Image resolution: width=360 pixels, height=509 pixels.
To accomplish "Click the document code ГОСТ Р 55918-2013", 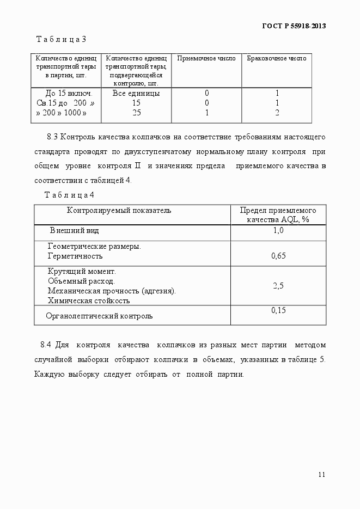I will pos(295,26).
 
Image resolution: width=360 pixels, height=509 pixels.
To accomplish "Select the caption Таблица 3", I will pos(62,39).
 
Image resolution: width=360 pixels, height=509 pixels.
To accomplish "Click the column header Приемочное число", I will pos(206,58).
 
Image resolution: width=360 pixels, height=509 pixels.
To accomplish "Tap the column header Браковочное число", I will pos(277,58).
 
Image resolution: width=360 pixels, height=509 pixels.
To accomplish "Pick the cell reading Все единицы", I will pos(136,93).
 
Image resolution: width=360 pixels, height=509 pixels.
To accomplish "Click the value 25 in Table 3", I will pos(136,113).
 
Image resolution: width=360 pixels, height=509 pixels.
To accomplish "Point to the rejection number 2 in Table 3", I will pos(277,113).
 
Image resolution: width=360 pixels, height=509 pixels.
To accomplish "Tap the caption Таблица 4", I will pos(69,194).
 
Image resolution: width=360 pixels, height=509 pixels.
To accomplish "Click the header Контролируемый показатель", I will pos(119,210).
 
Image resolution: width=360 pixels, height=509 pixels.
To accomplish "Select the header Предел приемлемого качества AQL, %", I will pos(278,214).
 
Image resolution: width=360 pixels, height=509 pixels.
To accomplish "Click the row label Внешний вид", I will pos(74,231).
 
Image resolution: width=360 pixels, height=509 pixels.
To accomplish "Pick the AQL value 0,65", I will pos(278,255).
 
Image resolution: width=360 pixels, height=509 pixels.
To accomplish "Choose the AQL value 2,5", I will pos(278,285).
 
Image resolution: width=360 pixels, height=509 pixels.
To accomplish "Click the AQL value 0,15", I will pos(278,310).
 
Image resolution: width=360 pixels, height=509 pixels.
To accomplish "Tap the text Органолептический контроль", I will pos(99,315).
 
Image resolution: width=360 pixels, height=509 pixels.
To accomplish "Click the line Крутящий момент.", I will pos(82,271).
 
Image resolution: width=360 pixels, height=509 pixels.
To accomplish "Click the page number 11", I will pos(321,474).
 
